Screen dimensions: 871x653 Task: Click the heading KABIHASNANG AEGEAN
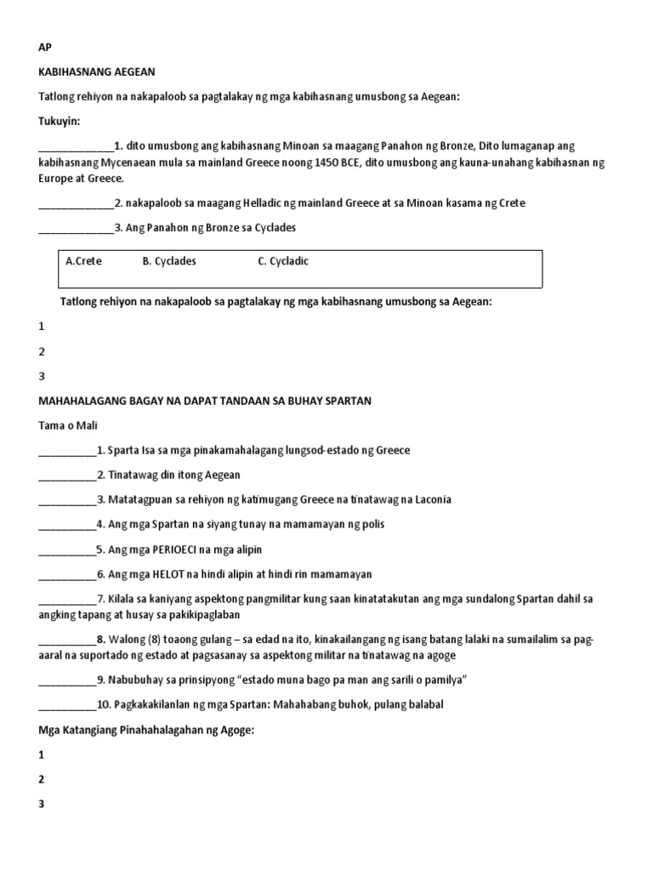tap(97, 72)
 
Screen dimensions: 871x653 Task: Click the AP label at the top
tap(45, 48)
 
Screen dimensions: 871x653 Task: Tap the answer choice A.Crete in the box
tap(83, 261)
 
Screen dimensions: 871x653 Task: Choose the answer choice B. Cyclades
tap(169, 261)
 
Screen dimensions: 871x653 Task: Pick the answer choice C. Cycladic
tap(283, 261)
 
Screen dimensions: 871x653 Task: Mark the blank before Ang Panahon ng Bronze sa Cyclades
tap(76, 229)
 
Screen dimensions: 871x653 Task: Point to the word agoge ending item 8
tap(440, 655)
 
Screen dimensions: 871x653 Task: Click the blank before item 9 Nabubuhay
tap(67, 680)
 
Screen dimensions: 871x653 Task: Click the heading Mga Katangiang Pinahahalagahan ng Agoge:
tap(145, 730)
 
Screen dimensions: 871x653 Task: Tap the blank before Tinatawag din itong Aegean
tap(67, 475)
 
